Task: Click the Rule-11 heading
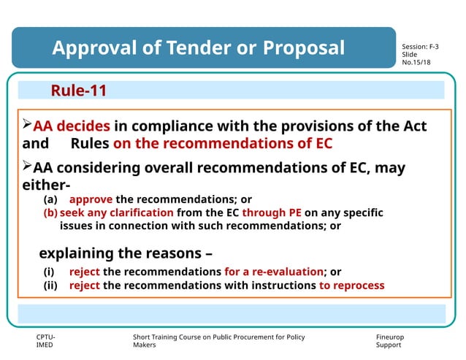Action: (x=79, y=91)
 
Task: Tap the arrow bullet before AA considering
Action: (x=28, y=166)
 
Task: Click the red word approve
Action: (x=91, y=199)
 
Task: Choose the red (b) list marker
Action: (x=50, y=212)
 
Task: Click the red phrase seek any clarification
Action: (x=117, y=212)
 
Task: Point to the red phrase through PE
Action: (x=272, y=212)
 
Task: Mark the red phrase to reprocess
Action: (x=351, y=286)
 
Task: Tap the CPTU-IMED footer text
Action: (x=45, y=340)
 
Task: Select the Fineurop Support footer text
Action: (x=389, y=340)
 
